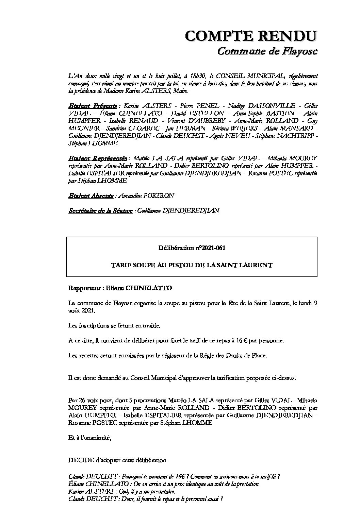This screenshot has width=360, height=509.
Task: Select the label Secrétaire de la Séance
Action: click(x=101, y=210)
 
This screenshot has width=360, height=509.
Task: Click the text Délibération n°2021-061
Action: click(x=192, y=248)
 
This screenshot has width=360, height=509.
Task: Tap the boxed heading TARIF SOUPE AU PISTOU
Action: click(x=192, y=265)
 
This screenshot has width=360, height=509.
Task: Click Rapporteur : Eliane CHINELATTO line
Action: click(x=120, y=288)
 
